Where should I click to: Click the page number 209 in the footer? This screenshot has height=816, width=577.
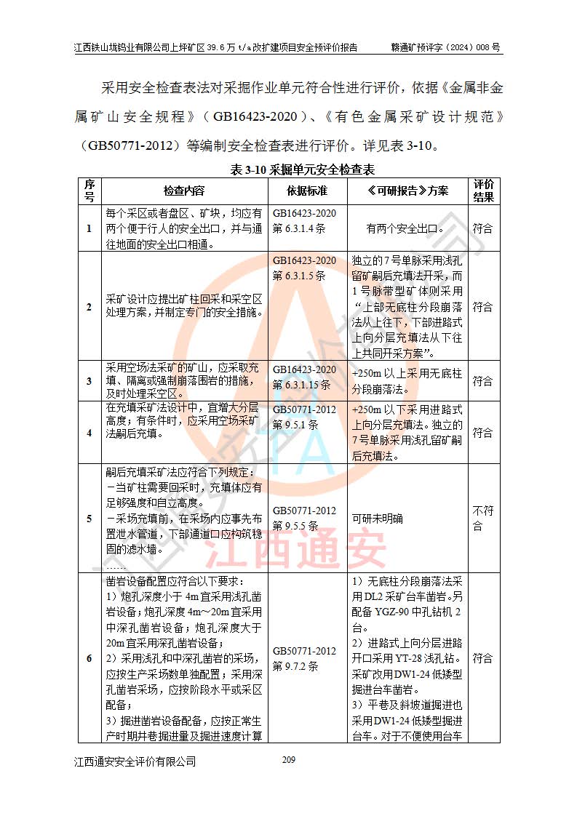288,760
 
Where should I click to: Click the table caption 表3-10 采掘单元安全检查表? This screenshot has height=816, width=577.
302,169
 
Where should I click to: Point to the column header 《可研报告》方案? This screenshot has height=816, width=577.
407,191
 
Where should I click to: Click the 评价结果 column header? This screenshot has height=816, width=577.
484,191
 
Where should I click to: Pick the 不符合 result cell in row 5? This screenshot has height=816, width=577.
483,518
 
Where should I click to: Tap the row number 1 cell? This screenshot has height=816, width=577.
89,228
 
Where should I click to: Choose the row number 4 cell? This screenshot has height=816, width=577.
89,433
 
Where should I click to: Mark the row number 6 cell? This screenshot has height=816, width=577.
89,658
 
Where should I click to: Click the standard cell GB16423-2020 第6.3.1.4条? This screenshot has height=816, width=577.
305,220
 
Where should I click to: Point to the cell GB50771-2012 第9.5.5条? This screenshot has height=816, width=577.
305,518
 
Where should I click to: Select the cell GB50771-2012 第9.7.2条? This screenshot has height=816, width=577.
305,658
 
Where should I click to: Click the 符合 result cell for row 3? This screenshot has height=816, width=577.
483,380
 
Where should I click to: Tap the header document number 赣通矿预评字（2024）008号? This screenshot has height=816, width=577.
445,48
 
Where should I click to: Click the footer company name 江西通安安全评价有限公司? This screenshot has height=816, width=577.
135,761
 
